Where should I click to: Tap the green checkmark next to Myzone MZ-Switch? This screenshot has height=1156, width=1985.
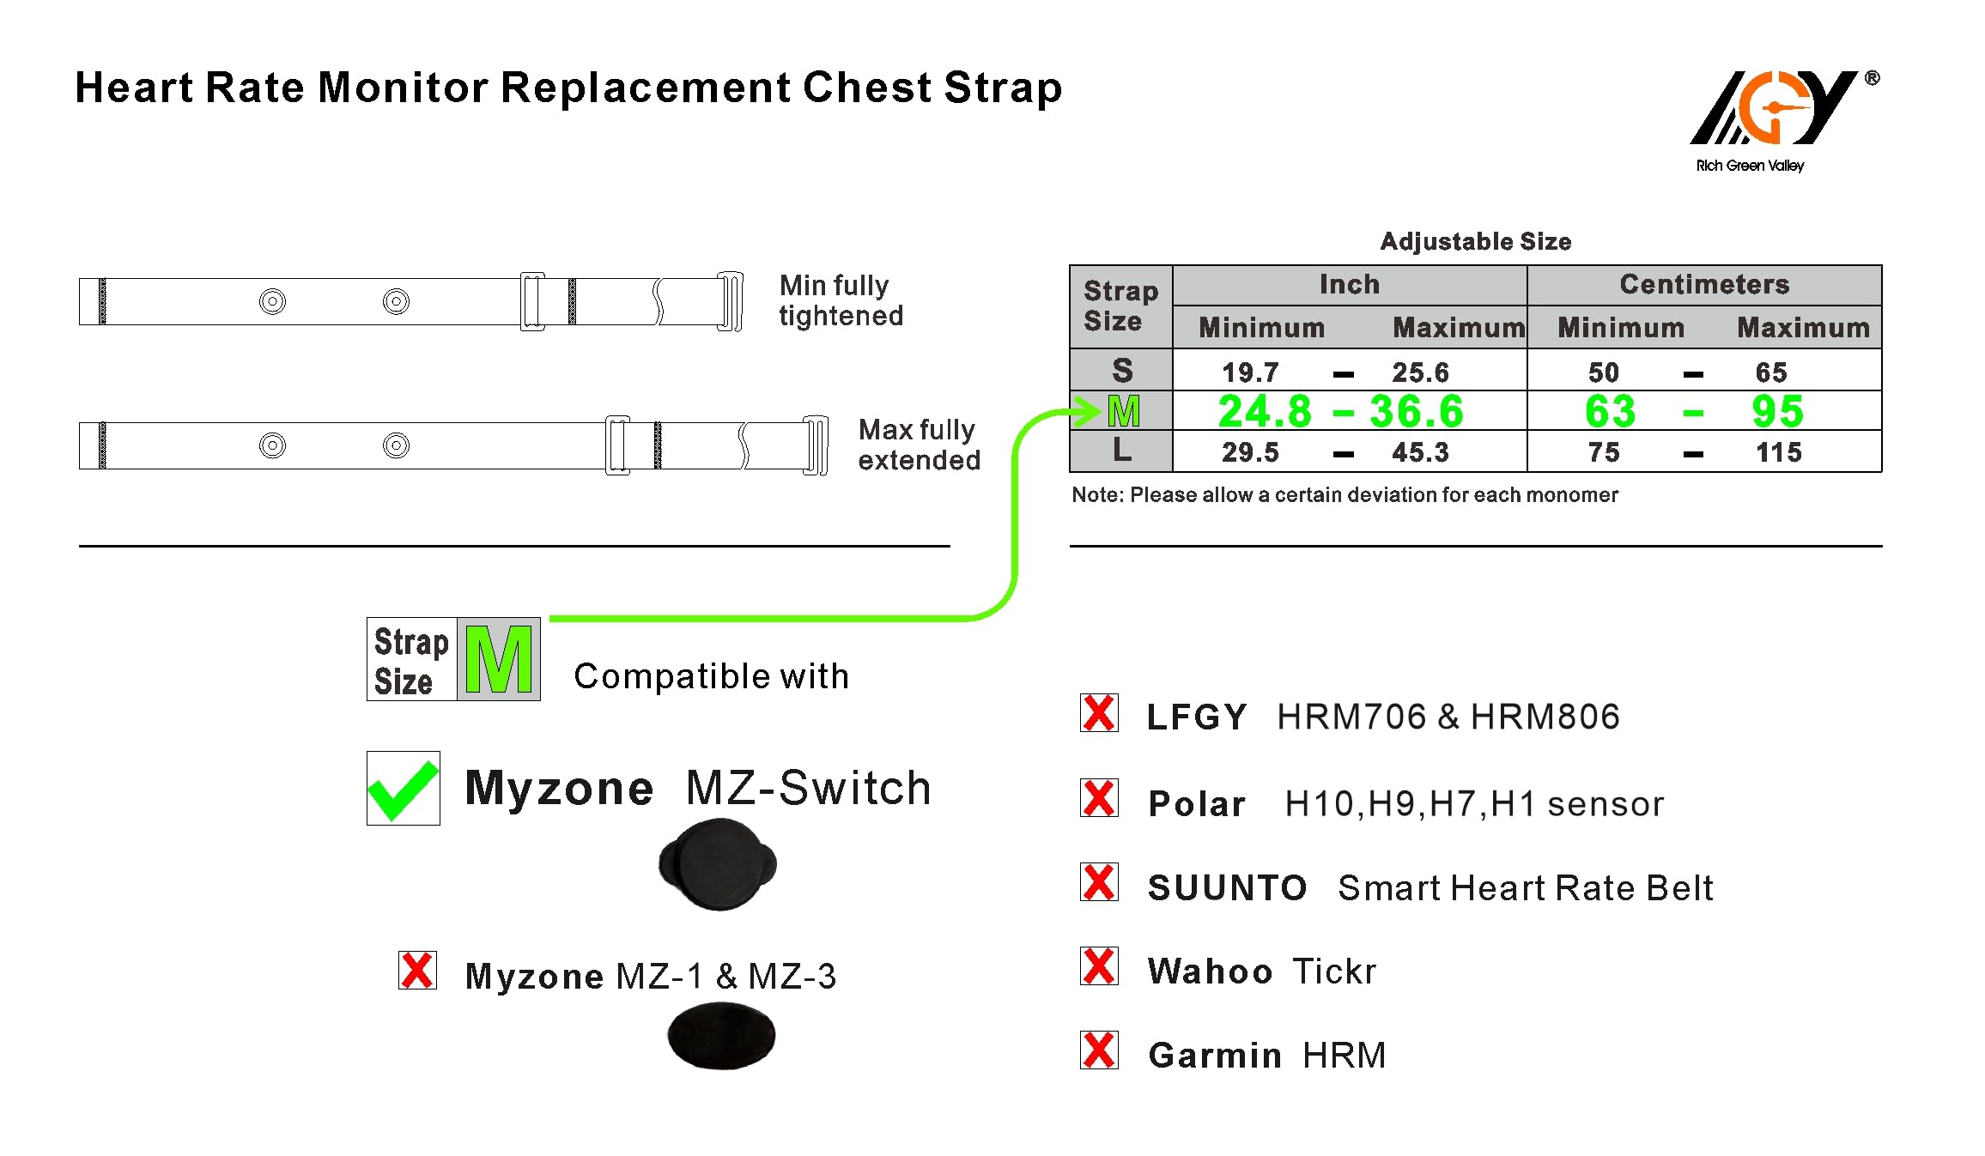tap(403, 789)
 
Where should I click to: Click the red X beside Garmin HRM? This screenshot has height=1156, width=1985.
tap(1099, 1050)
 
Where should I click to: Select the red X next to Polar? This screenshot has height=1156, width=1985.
tap(1099, 798)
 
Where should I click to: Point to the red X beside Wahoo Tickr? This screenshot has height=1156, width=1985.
tap(1099, 966)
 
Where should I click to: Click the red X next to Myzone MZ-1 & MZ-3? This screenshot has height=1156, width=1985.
tap(417, 971)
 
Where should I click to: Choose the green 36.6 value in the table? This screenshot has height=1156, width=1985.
tap(1416, 411)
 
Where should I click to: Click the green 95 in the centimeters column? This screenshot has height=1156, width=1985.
tap(1777, 411)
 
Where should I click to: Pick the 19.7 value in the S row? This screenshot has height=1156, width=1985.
tap(1250, 372)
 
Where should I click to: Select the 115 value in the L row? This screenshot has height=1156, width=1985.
tap(1778, 452)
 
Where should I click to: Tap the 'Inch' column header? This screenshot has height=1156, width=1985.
tap(1349, 285)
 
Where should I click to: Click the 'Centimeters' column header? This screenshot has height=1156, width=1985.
tap(1704, 285)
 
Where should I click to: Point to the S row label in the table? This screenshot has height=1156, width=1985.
tap(1122, 371)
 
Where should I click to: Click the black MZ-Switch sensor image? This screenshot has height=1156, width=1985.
tap(718, 864)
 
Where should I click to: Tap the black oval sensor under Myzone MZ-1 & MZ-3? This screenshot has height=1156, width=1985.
tap(721, 1037)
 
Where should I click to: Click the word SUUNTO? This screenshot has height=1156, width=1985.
tap(1227, 888)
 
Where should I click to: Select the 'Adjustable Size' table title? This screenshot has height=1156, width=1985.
tap(1475, 242)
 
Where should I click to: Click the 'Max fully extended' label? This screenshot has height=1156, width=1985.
tap(919, 445)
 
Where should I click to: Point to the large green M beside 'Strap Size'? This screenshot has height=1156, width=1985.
tap(499, 659)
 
